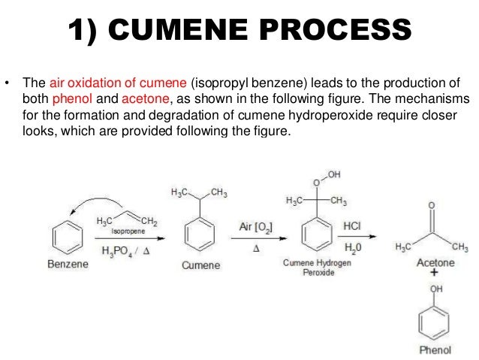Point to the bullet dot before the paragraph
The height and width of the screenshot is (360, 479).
point(7,83)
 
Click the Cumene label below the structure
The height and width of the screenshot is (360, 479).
point(199,265)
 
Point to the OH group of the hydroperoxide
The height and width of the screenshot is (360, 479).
point(334,175)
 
